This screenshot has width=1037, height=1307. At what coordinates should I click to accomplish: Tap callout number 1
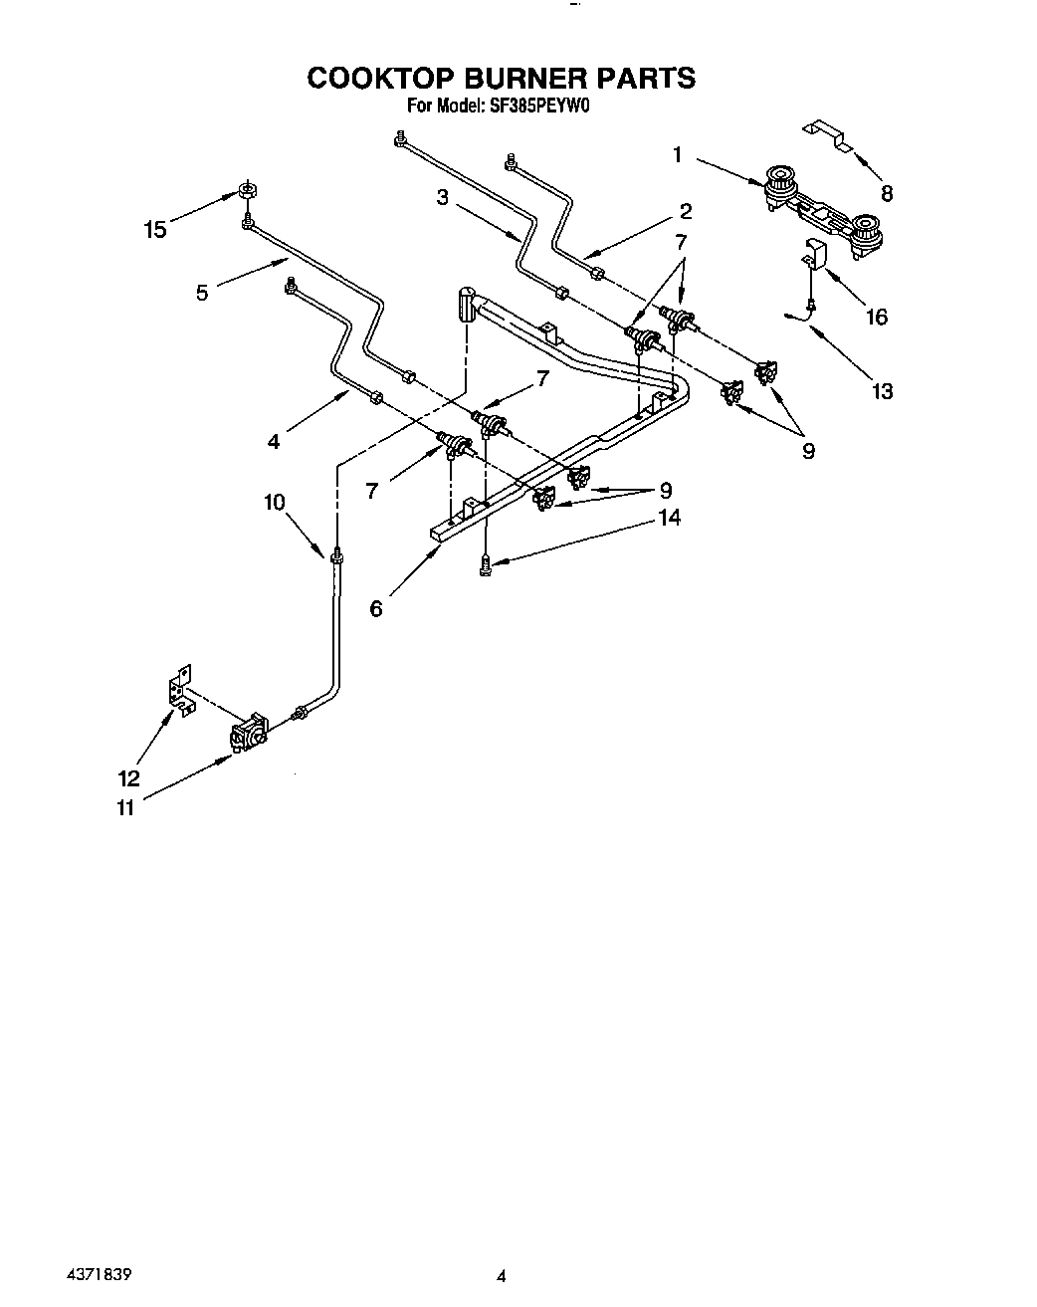pyautogui.click(x=677, y=154)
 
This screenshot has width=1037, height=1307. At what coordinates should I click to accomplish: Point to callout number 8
pyautogui.click(x=886, y=193)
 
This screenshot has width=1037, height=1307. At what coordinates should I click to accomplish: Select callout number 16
pyautogui.click(x=876, y=317)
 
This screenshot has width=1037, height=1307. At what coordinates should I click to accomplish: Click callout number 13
pyautogui.click(x=882, y=391)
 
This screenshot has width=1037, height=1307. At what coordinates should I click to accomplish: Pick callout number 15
pyautogui.click(x=155, y=230)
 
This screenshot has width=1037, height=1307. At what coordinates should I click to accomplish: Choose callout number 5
pyautogui.click(x=202, y=293)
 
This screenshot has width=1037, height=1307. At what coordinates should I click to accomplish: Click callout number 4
pyautogui.click(x=275, y=439)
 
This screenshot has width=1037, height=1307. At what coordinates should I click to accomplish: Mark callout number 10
pyautogui.click(x=275, y=502)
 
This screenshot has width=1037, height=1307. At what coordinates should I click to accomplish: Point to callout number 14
pyautogui.click(x=669, y=517)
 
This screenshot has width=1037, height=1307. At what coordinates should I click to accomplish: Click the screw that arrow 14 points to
pyautogui.click(x=485, y=564)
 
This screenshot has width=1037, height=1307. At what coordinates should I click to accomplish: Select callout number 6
pyautogui.click(x=375, y=608)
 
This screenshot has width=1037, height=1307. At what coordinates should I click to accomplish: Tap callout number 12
pyautogui.click(x=129, y=778)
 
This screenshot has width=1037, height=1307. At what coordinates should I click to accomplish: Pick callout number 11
pyautogui.click(x=125, y=807)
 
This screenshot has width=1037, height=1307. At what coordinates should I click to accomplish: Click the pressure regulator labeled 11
pyautogui.click(x=249, y=735)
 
